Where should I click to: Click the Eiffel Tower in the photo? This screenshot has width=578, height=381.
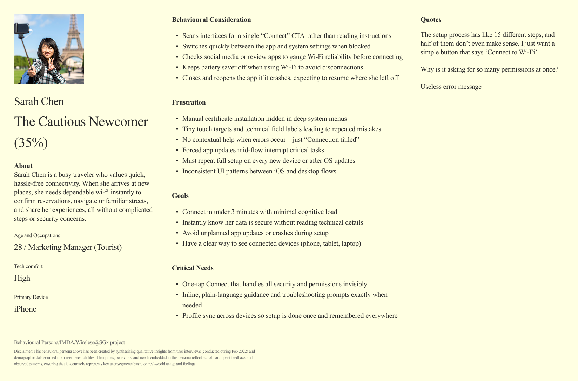pos(72,39)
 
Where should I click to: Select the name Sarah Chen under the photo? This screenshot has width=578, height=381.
pos(39,101)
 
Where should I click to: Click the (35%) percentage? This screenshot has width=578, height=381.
pos(31,143)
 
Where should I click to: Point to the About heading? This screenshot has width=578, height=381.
pos(23,166)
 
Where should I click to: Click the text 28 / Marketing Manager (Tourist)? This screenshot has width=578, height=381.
pos(68,247)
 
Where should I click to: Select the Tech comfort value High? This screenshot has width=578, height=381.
pos(22,278)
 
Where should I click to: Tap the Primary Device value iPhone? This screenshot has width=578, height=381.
pos(25,309)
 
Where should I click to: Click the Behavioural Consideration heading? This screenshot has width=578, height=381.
pos(211,20)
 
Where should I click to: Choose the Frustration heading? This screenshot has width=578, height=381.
pos(189,102)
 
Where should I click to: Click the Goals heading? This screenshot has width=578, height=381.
pos(180,196)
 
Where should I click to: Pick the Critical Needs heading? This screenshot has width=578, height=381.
pos(193,268)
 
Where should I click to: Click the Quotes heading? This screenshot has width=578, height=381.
pos(431,20)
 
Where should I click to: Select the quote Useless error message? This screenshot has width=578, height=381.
pos(451,87)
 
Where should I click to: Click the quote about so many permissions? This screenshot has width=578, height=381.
pos(489,69)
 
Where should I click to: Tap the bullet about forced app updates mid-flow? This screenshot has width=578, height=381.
pos(253,150)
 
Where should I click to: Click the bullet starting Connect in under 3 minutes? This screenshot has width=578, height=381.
pos(260,212)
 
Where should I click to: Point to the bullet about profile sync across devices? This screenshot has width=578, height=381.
pos(290,316)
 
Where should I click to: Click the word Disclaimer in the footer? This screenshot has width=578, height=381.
pos(22,351)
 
